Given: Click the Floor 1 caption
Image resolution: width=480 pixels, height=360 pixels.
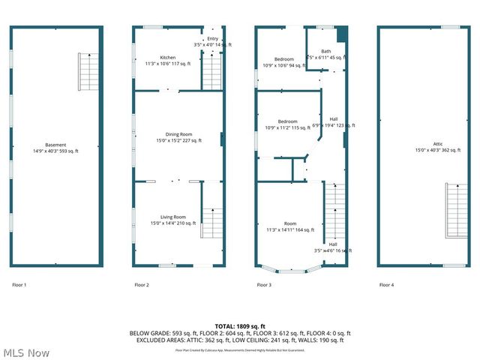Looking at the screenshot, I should pyautogui.click(x=19, y=285).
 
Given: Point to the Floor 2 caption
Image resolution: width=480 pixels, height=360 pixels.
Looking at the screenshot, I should pyautogui.click(x=142, y=285).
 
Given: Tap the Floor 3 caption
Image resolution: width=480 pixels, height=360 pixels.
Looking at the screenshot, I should pyautogui.click(x=264, y=285).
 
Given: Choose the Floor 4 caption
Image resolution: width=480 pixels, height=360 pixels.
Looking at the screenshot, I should pyautogui.click(x=386, y=285).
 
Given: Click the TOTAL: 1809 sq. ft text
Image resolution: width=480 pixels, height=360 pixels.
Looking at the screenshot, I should pyautogui.click(x=240, y=325).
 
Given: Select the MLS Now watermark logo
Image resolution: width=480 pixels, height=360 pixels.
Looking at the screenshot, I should pyautogui.click(x=25, y=352).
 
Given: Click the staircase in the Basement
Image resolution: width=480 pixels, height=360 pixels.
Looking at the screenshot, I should pyautogui.click(x=89, y=72).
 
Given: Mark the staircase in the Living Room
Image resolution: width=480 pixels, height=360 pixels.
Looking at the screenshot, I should pyautogui.click(x=212, y=223).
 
